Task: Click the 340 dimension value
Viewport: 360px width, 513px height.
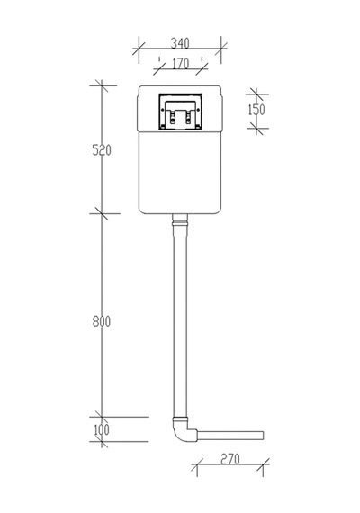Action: (x=180, y=43)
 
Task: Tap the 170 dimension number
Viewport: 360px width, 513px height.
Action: (x=180, y=64)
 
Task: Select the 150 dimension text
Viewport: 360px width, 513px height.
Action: (x=256, y=110)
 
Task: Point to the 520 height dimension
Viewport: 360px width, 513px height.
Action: (x=102, y=150)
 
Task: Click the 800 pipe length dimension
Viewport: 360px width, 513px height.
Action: (x=102, y=321)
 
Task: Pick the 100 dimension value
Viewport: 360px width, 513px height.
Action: (x=102, y=429)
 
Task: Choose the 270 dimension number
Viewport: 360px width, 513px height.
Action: (x=230, y=459)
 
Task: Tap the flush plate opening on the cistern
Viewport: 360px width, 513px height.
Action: (x=180, y=112)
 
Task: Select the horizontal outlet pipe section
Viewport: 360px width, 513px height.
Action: (x=230, y=436)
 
